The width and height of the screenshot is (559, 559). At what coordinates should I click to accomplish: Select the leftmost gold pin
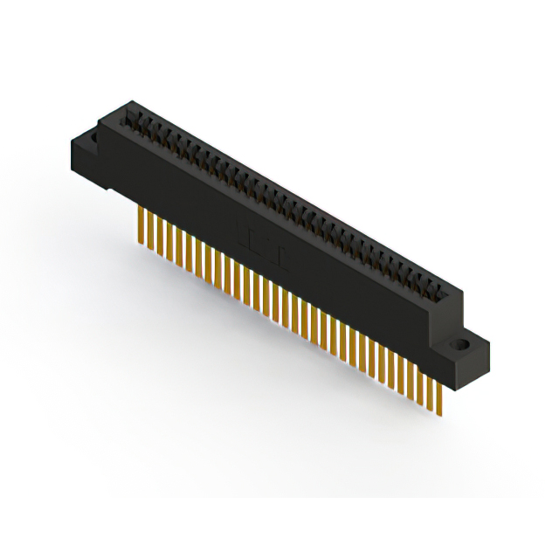point(139,224)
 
